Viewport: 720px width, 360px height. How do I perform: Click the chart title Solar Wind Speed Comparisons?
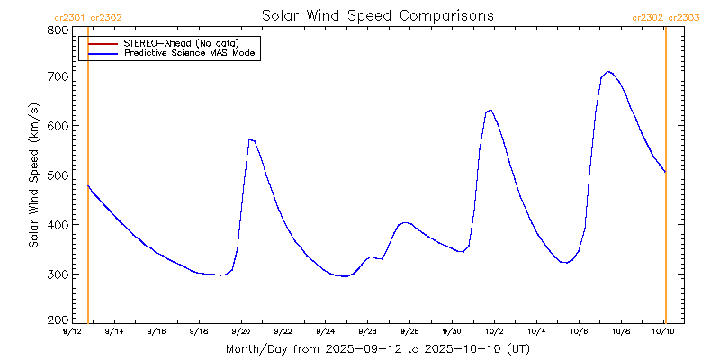(377, 16)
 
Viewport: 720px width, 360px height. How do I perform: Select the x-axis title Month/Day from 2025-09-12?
(377, 348)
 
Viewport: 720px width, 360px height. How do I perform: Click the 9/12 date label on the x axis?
(72, 332)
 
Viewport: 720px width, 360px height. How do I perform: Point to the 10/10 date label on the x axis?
(663, 332)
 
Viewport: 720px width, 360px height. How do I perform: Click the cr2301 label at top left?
(70, 17)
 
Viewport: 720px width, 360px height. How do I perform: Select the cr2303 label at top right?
(685, 17)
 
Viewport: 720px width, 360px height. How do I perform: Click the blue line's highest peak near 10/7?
(608, 71)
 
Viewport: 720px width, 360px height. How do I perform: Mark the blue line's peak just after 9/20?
(251, 139)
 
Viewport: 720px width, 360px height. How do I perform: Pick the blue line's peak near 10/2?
(490, 110)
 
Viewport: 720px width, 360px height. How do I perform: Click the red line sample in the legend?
(101, 43)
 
